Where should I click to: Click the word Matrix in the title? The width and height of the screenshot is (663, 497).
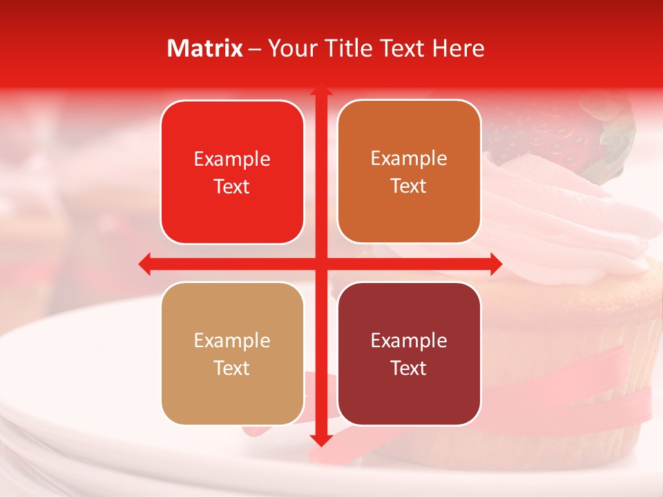tap(205, 48)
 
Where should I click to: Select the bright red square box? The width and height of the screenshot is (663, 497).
tap(232, 172)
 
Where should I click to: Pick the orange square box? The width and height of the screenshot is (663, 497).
tap(409, 171)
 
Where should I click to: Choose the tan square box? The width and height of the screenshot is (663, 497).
tap(232, 353)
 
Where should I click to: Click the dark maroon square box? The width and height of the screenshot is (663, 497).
tap(409, 353)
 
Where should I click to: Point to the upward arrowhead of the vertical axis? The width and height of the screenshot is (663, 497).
tap(320, 92)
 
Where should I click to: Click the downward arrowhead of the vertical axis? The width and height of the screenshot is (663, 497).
tap(320, 440)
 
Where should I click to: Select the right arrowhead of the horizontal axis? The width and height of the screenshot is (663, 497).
tap(495, 264)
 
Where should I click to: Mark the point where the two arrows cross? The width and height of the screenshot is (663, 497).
tap(320, 264)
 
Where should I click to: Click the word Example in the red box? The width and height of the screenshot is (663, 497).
tap(232, 159)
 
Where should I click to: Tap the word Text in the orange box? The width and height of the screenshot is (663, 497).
tap(409, 186)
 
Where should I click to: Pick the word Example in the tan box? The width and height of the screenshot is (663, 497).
tap(232, 340)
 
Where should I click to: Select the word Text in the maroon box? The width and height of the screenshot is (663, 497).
tap(409, 368)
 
